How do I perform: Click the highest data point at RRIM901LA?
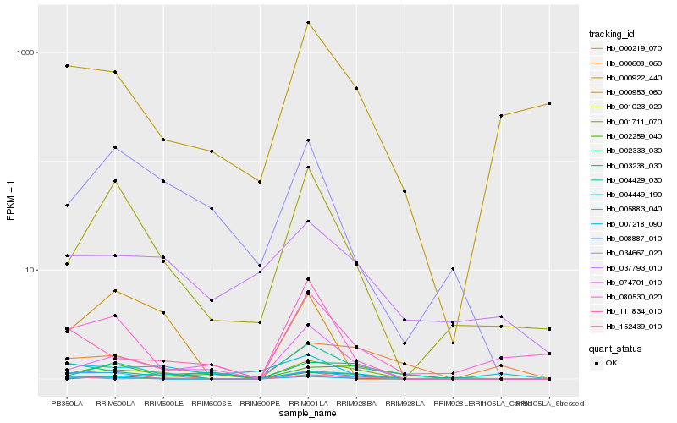click(309, 23)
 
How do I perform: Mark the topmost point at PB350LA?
click(67, 65)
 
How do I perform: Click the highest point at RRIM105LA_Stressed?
click(550, 103)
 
